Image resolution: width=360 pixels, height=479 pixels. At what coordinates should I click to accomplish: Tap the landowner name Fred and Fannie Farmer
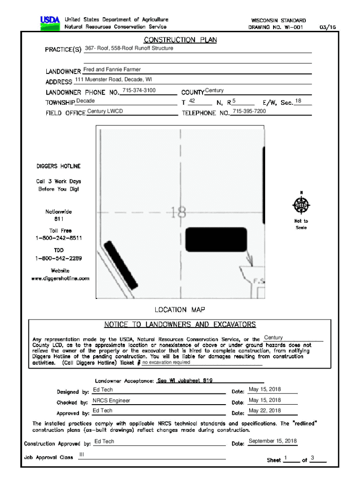pos(112,70)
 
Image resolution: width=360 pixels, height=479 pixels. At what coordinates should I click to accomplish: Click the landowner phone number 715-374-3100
pos(139,90)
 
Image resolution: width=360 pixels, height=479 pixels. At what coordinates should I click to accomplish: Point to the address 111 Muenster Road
pos(113,80)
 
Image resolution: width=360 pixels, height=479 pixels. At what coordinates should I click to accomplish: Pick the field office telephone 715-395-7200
pos(249,111)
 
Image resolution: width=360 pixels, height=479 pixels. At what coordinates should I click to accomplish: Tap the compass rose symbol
pos(301,204)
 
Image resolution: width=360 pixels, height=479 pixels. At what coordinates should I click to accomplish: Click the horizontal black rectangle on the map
pos(216,239)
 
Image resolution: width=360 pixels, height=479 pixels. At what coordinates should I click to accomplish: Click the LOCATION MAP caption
pos(180,310)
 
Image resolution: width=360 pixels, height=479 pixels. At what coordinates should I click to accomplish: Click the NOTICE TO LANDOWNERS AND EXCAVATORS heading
pos(180,324)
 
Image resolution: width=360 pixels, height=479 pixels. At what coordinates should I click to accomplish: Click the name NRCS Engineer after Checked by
pos(111,400)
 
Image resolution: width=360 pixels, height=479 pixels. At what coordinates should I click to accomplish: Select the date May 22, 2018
pos(265,411)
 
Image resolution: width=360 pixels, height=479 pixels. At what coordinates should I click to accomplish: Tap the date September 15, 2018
pos(273,441)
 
